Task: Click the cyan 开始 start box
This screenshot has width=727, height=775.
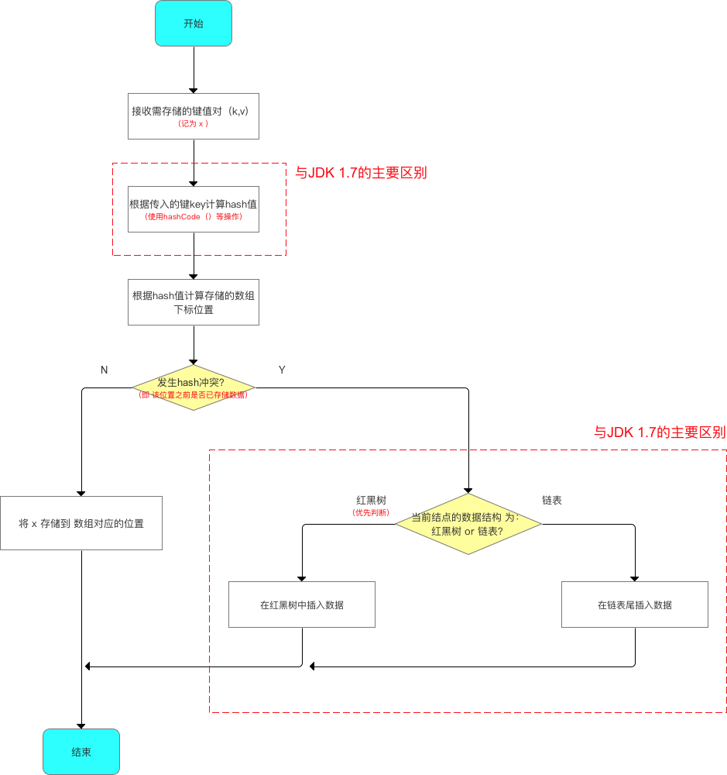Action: (193, 23)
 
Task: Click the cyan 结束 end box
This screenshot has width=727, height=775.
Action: (81, 751)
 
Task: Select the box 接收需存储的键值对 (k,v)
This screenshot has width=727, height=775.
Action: (193, 116)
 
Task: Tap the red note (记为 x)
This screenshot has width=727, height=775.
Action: (193, 124)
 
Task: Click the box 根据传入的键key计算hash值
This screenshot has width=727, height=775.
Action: (193, 209)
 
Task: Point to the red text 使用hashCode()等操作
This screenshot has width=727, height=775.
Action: (193, 217)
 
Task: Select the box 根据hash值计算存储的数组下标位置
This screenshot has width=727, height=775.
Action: (193, 302)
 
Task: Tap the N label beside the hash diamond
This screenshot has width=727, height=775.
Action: (104, 370)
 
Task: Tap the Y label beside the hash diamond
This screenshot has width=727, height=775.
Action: (282, 370)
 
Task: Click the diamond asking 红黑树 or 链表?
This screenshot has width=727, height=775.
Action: (468, 525)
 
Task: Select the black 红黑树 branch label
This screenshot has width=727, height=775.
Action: (371, 501)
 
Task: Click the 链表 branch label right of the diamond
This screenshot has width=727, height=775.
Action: (552, 501)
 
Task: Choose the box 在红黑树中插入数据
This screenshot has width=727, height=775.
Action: (302, 604)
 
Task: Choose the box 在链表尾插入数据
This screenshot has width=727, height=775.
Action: (634, 604)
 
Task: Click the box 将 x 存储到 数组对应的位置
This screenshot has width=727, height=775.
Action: (81, 523)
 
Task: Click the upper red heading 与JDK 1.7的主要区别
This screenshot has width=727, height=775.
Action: (361, 173)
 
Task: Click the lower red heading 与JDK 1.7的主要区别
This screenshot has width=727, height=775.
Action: (659, 432)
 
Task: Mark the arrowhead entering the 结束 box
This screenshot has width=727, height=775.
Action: (81, 725)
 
